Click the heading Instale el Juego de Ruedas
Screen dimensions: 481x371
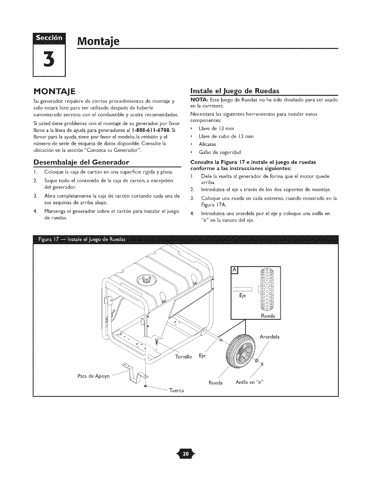[x=235, y=90]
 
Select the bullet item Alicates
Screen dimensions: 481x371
[x=207, y=144]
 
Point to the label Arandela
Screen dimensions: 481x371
[x=269, y=337]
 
